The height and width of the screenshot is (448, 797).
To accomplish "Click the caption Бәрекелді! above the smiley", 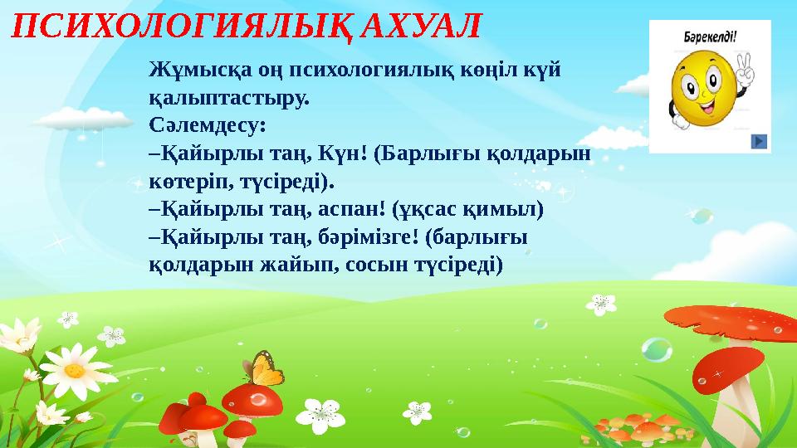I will (x=711, y=37).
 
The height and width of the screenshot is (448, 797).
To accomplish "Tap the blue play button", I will (x=759, y=141).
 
